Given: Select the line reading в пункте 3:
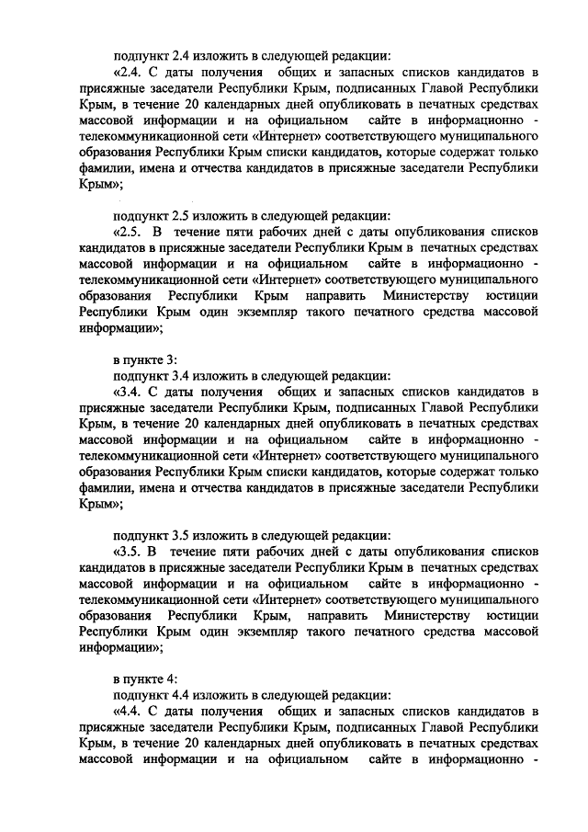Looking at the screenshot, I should [x=139, y=358].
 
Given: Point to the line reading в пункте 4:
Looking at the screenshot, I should [x=139, y=678].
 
